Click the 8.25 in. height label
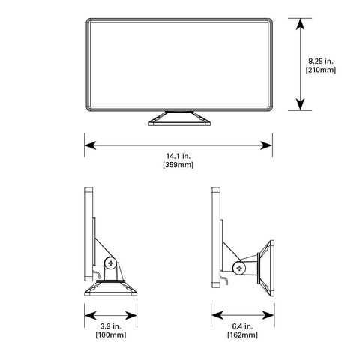point(321,61)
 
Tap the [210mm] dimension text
point(321,70)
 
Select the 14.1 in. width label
point(178,156)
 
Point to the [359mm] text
point(178,165)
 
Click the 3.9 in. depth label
point(111,326)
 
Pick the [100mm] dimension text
point(111,334)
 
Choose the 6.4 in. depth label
point(242,326)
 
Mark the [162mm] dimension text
point(242,334)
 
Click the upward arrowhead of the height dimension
point(300,24)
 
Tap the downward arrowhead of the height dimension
point(300,104)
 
